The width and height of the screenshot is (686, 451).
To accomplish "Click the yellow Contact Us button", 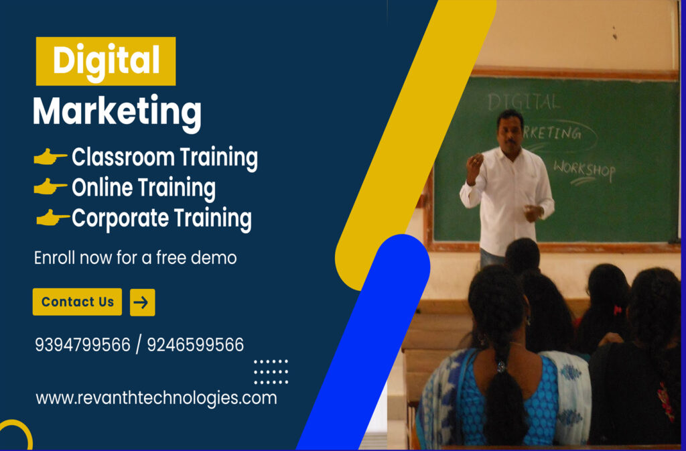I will click(x=77, y=302).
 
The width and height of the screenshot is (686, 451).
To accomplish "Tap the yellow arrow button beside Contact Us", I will click(x=142, y=302).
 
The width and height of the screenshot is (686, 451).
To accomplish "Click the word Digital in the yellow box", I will click(x=106, y=61).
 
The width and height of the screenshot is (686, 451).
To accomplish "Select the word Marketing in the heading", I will click(x=117, y=111).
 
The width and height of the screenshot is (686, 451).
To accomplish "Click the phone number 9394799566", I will click(x=82, y=345).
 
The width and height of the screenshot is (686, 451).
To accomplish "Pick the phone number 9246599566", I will click(x=195, y=345).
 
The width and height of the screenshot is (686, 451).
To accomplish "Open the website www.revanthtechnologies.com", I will click(x=156, y=398).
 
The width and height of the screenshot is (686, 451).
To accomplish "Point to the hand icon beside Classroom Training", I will click(x=50, y=157).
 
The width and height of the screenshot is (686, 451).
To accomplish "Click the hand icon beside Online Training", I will click(x=50, y=188).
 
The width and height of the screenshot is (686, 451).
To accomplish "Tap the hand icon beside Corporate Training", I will click(x=52, y=218).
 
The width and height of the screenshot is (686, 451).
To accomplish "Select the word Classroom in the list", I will click(x=114, y=157).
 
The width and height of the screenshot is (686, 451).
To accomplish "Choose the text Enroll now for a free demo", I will click(x=135, y=257).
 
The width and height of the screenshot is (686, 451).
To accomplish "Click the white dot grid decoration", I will click(x=271, y=371).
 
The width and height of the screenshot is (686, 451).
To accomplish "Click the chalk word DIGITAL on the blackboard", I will click(x=523, y=102).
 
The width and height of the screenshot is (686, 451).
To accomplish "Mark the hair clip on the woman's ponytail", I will click(x=500, y=366).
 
